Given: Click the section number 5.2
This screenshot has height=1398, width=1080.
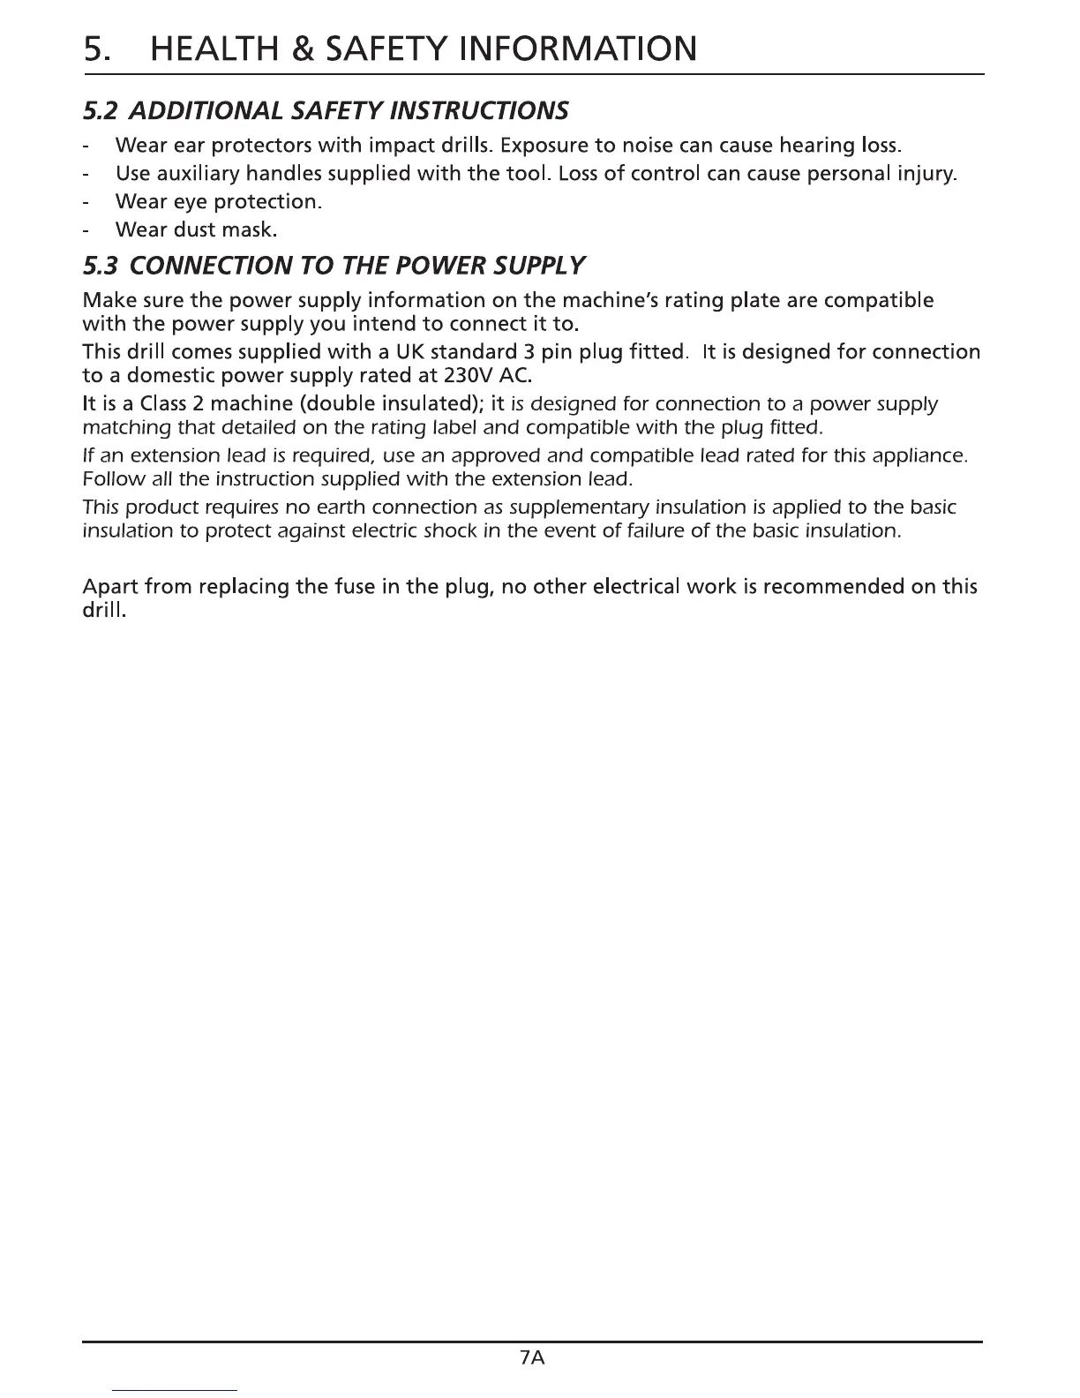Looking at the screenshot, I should point(101,111).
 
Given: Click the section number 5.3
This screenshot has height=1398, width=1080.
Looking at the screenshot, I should point(101,265).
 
